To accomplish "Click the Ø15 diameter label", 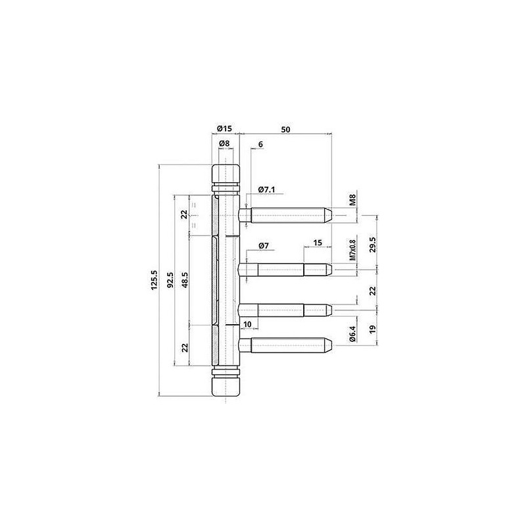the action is (224, 128).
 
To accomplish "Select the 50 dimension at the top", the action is (285, 130).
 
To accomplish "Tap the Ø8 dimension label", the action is (224, 143).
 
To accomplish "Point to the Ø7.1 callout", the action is (267, 190).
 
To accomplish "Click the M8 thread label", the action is (352, 200).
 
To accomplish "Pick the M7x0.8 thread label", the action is (352, 251).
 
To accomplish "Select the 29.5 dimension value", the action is (373, 245).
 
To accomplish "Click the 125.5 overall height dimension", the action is (154, 280).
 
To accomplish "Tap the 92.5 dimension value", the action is (170, 280).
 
